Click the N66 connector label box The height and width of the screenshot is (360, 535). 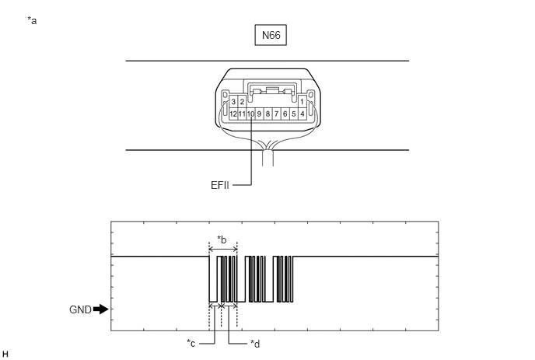click(x=271, y=35)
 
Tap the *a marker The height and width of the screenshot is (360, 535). click(x=32, y=21)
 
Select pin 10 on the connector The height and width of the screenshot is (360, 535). click(x=250, y=114)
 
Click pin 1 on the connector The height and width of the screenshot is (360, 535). click(x=302, y=102)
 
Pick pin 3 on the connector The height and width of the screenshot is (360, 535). click(x=233, y=102)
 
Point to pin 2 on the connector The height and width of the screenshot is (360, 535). click(x=242, y=102)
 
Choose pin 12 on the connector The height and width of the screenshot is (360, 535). click(x=233, y=114)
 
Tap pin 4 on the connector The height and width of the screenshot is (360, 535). click(x=302, y=114)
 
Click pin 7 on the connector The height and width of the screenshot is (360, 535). click(x=276, y=114)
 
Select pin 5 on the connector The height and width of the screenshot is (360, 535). click(x=293, y=114)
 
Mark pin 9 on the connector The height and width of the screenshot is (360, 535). click(x=259, y=114)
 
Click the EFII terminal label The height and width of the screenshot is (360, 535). click(x=220, y=185)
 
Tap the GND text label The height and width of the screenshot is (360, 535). click(x=80, y=309)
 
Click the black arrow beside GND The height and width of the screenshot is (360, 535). click(x=101, y=309)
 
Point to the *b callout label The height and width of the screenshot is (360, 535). click(x=222, y=240)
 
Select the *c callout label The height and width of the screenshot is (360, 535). click(x=191, y=343)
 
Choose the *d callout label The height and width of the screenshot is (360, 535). click(x=255, y=344)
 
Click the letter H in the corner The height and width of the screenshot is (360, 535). click(x=5, y=354)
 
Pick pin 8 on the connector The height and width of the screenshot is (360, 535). click(x=267, y=114)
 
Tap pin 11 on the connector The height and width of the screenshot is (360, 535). click(x=242, y=114)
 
